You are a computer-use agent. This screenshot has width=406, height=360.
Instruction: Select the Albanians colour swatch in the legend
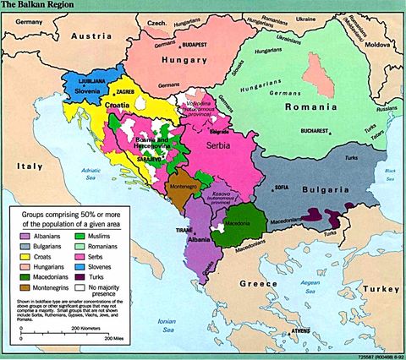click(25, 234)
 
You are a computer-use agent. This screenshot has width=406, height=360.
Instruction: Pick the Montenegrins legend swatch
click(25, 288)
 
